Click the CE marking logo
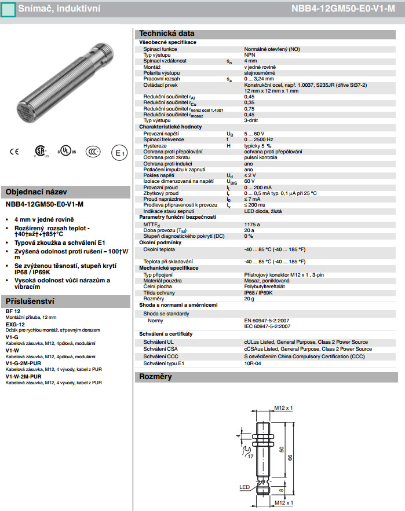coord(14,152)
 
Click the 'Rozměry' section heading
coord(155,377)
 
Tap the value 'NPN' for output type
coord(250,55)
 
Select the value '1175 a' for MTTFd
coord(252,224)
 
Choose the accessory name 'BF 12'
coord(13,311)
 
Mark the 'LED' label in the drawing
coord(244,487)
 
